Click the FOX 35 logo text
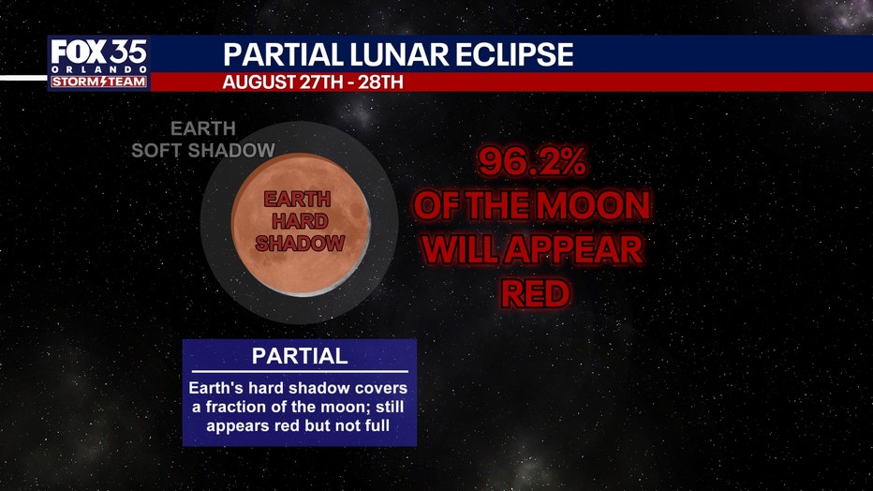98,52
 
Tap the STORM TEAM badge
98,82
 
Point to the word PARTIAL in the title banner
283,54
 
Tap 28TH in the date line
380,82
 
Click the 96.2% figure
532,162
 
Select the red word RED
535,293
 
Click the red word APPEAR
574,249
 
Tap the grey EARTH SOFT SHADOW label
203,140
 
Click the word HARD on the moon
300,221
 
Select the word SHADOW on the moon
300,244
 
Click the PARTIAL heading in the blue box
300,356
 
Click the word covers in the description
381,388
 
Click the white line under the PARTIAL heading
300,371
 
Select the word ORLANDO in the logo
98,69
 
